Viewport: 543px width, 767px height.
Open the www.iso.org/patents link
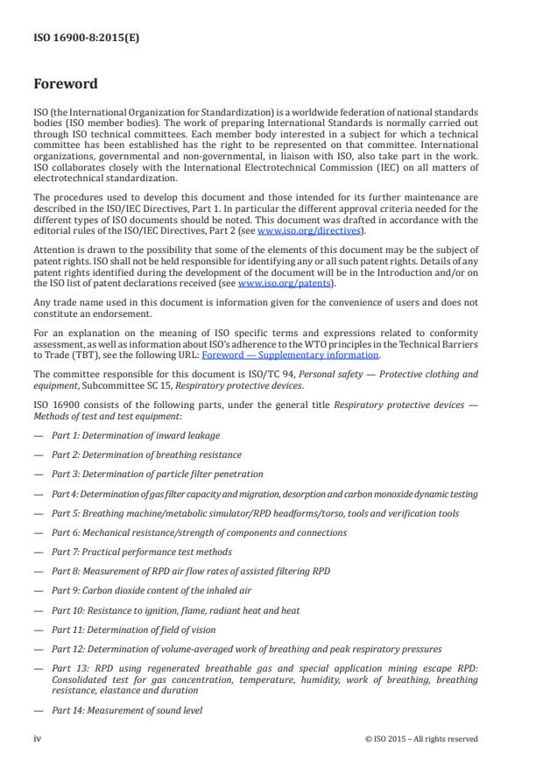[x=276, y=284]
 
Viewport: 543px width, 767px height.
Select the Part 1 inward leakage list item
[x=136, y=434]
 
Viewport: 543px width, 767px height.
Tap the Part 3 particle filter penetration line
[x=157, y=473]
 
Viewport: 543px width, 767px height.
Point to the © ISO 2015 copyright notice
[x=422, y=739]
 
